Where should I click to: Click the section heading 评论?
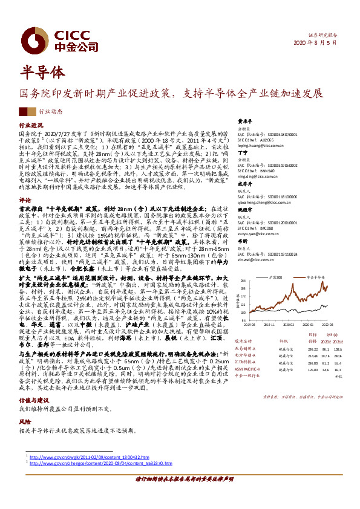tap(25, 199)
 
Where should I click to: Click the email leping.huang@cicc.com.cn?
tap(261, 146)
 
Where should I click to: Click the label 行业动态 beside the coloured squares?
tap(51, 112)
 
